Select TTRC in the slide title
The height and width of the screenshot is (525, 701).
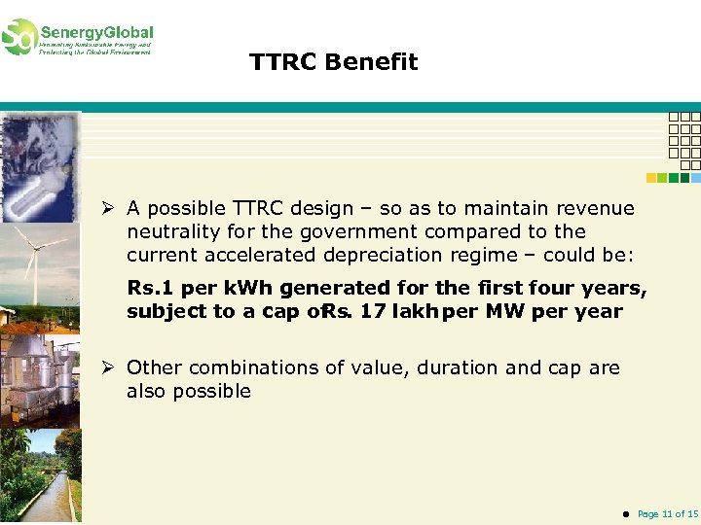pyautogui.click(x=282, y=62)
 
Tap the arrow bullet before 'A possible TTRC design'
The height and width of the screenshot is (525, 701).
pyautogui.click(x=114, y=208)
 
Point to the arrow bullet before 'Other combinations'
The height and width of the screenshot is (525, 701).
pyautogui.click(x=114, y=367)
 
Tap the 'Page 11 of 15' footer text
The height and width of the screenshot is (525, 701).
pyautogui.click(x=667, y=513)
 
